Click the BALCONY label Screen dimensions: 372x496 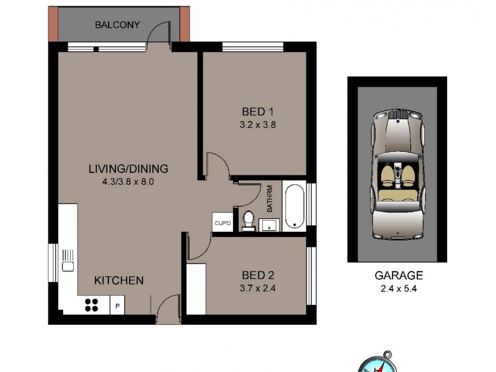[x=117, y=25]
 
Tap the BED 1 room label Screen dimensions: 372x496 [x=257, y=112]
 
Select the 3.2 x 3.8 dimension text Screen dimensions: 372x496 [x=257, y=124]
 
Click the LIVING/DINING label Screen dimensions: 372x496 [x=128, y=169]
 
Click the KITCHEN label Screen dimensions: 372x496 [x=118, y=280]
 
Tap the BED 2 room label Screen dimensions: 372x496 [x=257, y=275]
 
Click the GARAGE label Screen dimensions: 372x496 [x=399, y=275]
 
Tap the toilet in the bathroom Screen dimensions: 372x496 [x=248, y=220]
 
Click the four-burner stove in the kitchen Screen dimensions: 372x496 [x=92, y=304]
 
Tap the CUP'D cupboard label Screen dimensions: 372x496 [x=221, y=223]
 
